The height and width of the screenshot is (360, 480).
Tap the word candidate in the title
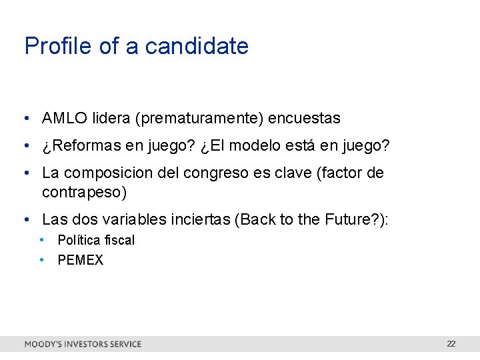[x=197, y=46]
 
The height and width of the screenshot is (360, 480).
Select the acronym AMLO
[x=64, y=119]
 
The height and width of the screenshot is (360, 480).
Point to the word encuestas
[x=304, y=119]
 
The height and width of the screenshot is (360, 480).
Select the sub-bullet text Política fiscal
[x=96, y=240]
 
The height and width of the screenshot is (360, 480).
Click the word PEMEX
[x=81, y=260]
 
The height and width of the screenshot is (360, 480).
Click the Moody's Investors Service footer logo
[x=83, y=344]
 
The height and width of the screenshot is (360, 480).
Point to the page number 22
[x=451, y=344]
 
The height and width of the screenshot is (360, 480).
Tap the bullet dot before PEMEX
[x=41, y=260]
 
